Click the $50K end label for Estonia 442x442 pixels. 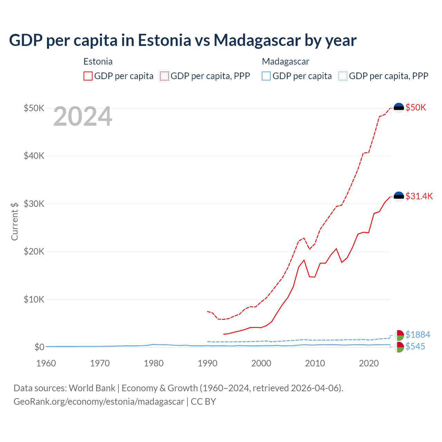click(416, 107)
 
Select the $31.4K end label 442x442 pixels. click(419, 196)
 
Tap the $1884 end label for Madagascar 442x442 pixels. click(417, 335)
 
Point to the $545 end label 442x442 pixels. click(415, 346)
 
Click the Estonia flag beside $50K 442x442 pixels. click(399, 108)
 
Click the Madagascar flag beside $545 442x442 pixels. click(399, 347)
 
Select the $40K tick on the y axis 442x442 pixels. click(34, 156)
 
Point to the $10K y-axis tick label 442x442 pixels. click(34, 299)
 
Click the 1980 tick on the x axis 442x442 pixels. click(154, 363)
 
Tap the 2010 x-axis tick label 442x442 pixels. click(315, 363)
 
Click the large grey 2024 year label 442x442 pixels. click(83, 117)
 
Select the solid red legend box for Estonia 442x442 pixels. click(88, 76)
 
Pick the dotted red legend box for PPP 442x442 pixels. click(164, 76)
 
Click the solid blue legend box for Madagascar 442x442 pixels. click(266, 76)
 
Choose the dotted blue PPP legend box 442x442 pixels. click(343, 76)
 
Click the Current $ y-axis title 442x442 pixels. click(15, 221)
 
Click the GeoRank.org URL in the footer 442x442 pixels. click(99, 402)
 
